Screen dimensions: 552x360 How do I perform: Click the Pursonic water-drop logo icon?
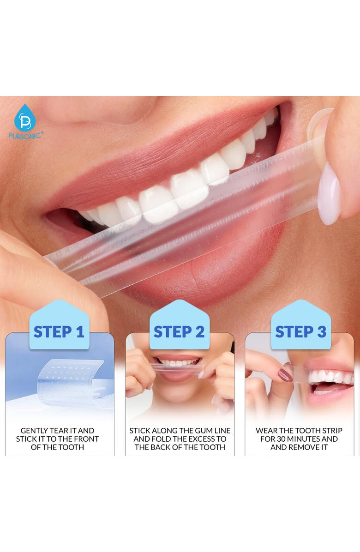click(25, 118)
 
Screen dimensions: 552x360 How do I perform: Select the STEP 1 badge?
click(59, 331)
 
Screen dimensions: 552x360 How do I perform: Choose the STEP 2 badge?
click(179, 331)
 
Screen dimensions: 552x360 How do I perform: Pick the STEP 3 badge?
click(300, 331)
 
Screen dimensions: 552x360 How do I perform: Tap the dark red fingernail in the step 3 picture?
click(285, 375)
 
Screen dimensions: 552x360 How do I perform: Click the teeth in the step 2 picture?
click(180, 364)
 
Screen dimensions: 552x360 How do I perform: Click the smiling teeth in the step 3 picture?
click(330, 377)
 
